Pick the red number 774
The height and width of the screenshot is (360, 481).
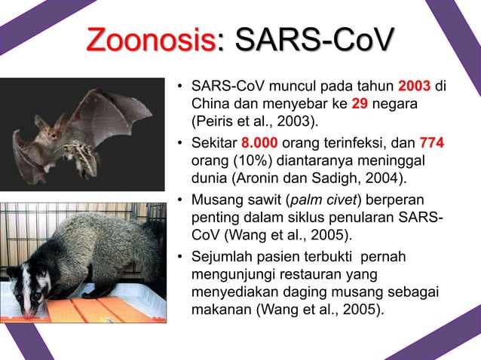(431, 144)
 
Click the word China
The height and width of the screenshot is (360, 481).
(210, 102)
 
